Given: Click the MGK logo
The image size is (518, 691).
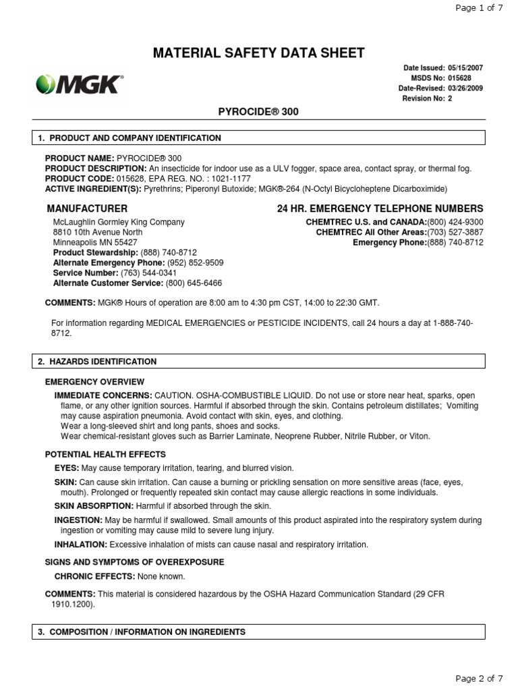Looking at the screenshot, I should pos(79,84).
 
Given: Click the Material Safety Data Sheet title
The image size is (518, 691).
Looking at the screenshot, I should pos(259,53).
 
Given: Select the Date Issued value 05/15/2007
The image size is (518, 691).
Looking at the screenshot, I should pos(465,68).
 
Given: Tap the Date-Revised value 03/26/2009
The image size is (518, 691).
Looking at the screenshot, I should pos(465,88).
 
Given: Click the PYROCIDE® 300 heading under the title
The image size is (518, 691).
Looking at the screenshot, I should pos(259,112).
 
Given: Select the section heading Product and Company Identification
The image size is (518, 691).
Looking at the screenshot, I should pos(129,138).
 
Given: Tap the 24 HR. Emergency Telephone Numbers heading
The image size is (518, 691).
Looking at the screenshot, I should pos(380,209).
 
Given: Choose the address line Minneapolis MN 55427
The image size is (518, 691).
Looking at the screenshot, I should pos(95,242).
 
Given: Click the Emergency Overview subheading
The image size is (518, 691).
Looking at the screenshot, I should pos(94,382).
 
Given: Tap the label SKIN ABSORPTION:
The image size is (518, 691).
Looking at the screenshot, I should pos(94,505).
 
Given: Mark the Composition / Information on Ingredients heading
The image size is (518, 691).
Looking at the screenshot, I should pos(142,632).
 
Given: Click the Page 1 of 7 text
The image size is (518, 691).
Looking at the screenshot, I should pos(480,8).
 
